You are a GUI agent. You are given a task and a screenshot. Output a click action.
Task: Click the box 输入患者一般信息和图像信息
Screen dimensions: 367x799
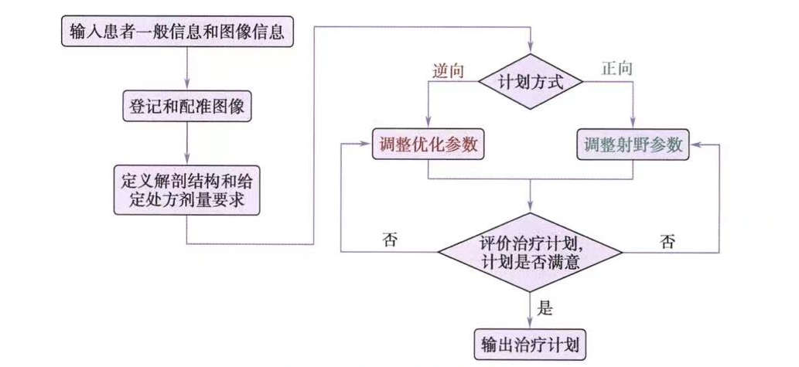tap(176, 32)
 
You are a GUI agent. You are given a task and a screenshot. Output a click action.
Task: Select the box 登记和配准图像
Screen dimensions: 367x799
tap(186, 105)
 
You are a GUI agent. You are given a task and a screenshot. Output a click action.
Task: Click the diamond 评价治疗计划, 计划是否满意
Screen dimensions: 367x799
tap(530, 251)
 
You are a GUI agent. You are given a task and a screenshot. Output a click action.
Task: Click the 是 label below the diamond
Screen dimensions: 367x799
tap(545, 309)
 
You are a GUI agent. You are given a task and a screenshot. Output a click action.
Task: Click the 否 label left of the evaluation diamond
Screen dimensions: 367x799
tap(390, 240)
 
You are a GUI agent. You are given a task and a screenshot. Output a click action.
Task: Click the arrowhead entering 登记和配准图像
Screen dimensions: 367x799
tap(187, 87)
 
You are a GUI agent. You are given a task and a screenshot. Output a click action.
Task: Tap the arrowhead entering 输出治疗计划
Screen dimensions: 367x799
tap(530, 324)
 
